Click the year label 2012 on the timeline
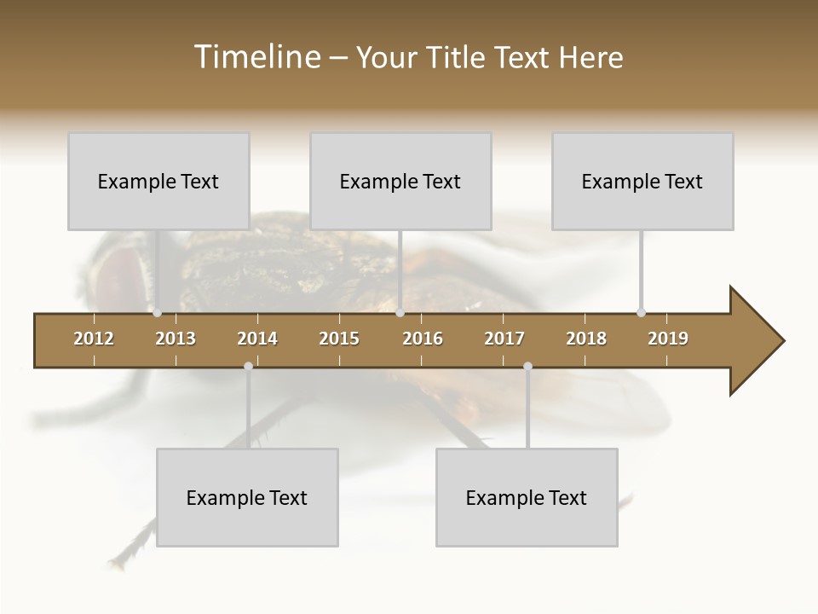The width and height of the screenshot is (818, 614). pyautogui.click(x=94, y=339)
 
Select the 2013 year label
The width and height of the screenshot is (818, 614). pyautogui.click(x=176, y=339)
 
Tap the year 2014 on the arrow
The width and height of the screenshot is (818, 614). pyautogui.click(x=257, y=339)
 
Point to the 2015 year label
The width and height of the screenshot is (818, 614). pyautogui.click(x=339, y=339)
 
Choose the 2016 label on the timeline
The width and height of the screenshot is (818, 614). pyautogui.click(x=423, y=339)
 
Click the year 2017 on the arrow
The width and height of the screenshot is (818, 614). pyautogui.click(x=504, y=339)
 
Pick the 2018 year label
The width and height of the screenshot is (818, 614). pyautogui.click(x=586, y=339)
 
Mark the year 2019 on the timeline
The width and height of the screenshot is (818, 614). pyautogui.click(x=668, y=339)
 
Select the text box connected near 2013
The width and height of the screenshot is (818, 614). pyautogui.click(x=158, y=181)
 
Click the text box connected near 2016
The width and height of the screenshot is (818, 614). pyautogui.click(x=400, y=181)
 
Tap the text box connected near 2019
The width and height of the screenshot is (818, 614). pyautogui.click(x=642, y=181)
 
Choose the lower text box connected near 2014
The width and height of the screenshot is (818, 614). pyautogui.click(x=247, y=497)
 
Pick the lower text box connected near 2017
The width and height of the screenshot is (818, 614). pyautogui.click(x=527, y=497)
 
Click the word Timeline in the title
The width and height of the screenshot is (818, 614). pyautogui.click(x=256, y=57)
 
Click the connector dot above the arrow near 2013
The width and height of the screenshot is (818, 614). pyautogui.click(x=157, y=313)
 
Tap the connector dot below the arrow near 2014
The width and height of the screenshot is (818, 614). pyautogui.click(x=248, y=367)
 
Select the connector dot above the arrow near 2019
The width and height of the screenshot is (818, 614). pyautogui.click(x=641, y=313)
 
